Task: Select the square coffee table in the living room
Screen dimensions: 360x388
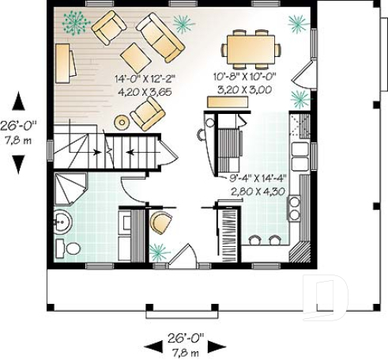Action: coord(135,58)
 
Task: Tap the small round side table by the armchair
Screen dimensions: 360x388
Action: coord(121,122)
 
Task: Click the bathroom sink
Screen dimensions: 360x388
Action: coord(62,221)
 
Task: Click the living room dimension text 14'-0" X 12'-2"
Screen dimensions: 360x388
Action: coord(145,78)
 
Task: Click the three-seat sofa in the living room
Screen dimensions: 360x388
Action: coord(161,36)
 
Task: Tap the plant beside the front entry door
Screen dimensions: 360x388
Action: coord(159,252)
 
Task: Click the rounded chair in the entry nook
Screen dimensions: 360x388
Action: coord(160,223)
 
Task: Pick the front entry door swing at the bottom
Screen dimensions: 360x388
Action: coord(185,257)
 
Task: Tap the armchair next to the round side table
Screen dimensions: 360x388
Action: coord(148,112)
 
